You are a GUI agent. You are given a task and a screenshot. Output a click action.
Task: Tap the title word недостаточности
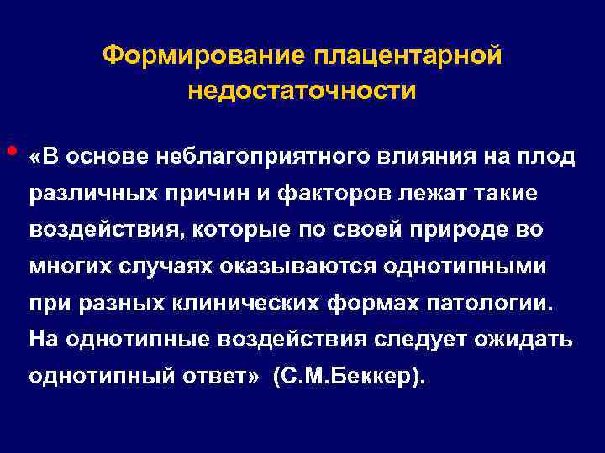coord(302,90)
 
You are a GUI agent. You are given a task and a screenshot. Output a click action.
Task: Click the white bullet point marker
coord(10,151)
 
